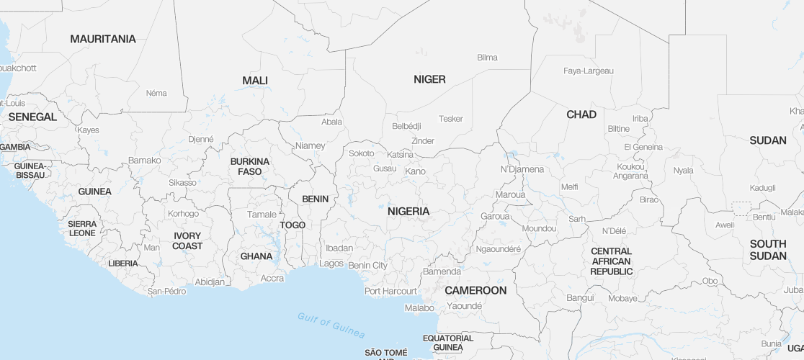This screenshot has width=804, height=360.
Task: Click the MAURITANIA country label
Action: [x=102, y=39]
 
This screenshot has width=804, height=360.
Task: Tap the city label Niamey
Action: [x=310, y=145]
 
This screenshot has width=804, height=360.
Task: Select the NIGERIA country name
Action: [x=408, y=211]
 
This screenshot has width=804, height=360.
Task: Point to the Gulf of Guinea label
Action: [x=331, y=325]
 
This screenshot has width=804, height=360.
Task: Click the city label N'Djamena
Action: [x=522, y=169]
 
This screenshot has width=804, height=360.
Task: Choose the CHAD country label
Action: [x=581, y=114]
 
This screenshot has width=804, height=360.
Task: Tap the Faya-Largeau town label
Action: [x=588, y=71]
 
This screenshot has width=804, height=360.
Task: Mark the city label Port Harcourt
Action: [x=390, y=292]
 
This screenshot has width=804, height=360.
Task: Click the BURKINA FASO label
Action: [x=249, y=166]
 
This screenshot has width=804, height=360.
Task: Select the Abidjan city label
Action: [x=210, y=282]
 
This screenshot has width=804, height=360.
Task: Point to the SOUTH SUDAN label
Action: [x=768, y=250]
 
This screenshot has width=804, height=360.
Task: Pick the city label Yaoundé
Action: [x=464, y=305]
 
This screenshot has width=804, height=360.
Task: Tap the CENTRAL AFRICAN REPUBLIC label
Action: [x=611, y=261]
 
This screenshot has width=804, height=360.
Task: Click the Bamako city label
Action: [x=144, y=160]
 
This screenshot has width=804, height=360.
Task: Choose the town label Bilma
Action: [x=487, y=58]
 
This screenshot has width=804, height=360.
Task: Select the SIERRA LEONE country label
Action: [x=82, y=228]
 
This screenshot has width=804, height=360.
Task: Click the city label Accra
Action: [x=272, y=278]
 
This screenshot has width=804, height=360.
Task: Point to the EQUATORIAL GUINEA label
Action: [x=448, y=343]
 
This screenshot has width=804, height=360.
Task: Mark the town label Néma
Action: [x=156, y=93]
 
